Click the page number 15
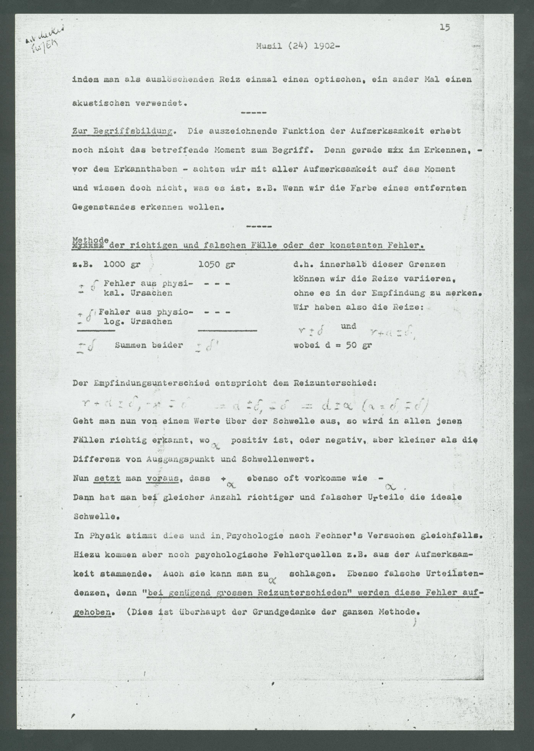coord(445,28)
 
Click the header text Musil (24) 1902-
coord(297,46)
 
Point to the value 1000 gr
coord(122,265)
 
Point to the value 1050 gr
coord(217,265)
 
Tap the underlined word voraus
coord(163,478)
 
